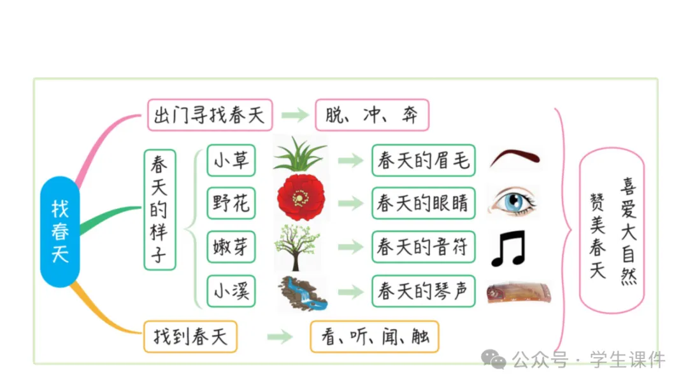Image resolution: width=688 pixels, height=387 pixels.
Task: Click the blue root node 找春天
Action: [60, 231]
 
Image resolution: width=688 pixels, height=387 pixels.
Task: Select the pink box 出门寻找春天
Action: [210, 115]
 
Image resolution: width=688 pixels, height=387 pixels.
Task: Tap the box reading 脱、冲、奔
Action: [371, 115]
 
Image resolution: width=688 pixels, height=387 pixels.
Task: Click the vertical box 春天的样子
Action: [159, 209]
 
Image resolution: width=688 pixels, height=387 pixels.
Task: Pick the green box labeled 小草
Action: [231, 160]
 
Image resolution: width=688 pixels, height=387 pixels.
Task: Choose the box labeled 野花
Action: [231, 204]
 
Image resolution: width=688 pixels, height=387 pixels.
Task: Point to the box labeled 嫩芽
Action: [231, 247]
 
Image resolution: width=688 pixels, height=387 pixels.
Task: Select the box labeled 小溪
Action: [231, 291]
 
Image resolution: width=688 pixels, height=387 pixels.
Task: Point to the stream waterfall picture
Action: [301, 293]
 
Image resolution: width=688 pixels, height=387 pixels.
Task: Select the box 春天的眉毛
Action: [423, 160]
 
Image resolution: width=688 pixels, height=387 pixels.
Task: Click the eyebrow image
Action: [515, 158]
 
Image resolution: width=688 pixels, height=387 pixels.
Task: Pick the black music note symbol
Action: [508, 248]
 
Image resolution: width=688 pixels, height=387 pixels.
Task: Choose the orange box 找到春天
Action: [190, 336]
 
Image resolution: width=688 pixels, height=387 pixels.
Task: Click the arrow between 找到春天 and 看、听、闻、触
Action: [280, 337]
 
